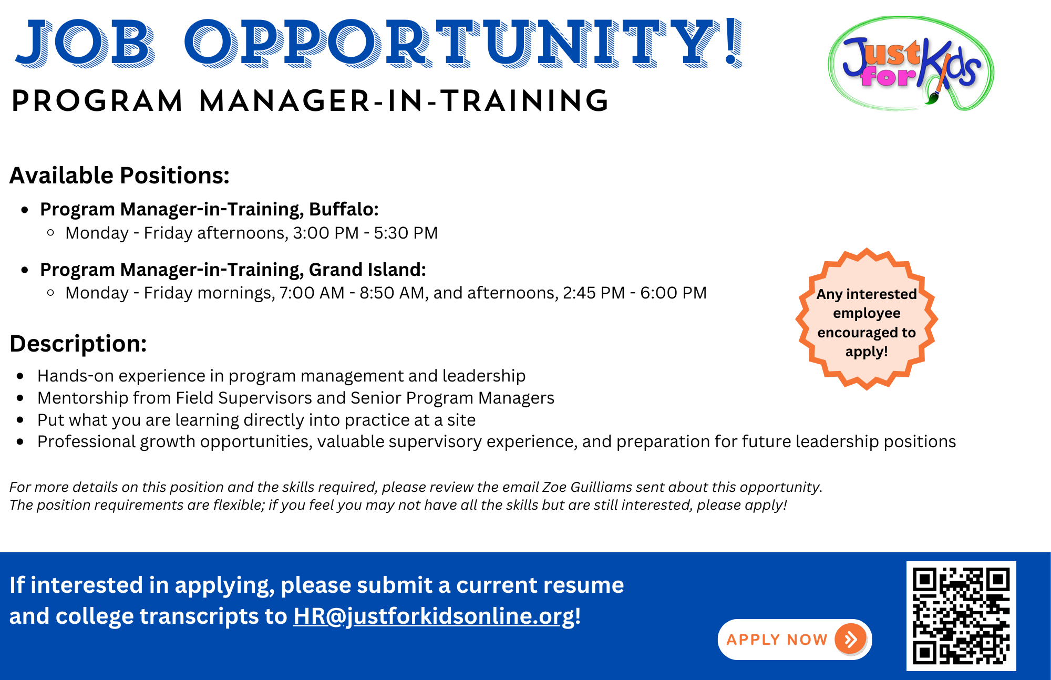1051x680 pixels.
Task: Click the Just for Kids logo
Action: coord(911,63)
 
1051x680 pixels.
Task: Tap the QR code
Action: coord(961,616)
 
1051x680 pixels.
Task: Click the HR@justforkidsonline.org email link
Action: coord(434,616)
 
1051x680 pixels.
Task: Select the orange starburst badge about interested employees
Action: coord(867,319)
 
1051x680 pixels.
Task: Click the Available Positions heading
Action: coord(119,176)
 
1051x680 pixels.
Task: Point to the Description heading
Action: coord(78,344)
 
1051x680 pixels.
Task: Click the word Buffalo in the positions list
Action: coord(344,209)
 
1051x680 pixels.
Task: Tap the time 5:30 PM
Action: coord(406,233)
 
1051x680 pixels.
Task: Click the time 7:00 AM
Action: coord(312,293)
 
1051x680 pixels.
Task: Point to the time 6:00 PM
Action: coord(673,293)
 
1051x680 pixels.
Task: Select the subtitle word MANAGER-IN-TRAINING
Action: coord(404,101)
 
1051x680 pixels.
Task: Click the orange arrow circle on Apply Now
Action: coord(850,639)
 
